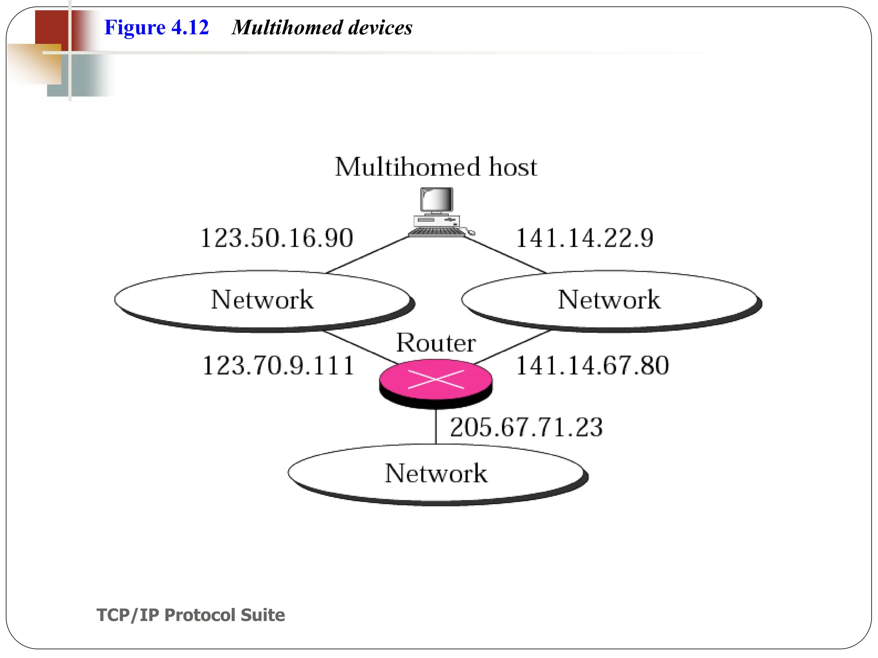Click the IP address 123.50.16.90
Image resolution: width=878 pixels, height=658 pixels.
(x=277, y=238)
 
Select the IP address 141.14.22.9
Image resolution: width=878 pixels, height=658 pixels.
(x=584, y=238)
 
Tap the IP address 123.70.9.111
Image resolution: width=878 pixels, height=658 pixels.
(x=278, y=365)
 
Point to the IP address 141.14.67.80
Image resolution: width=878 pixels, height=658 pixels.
(x=592, y=365)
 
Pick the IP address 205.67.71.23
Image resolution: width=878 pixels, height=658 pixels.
(x=526, y=427)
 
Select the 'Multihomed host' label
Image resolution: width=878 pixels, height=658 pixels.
(x=436, y=167)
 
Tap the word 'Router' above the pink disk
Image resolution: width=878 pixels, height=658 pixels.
(x=436, y=343)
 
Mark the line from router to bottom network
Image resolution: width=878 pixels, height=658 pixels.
(x=436, y=426)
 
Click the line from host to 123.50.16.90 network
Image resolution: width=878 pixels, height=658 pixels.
(x=368, y=254)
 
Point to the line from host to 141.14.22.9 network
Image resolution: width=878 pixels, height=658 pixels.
(x=505, y=254)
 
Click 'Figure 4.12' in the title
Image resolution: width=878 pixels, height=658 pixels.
(x=156, y=27)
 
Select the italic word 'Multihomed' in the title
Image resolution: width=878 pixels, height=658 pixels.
(x=286, y=27)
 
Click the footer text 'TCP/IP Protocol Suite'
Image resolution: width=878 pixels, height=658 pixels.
(x=191, y=615)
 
